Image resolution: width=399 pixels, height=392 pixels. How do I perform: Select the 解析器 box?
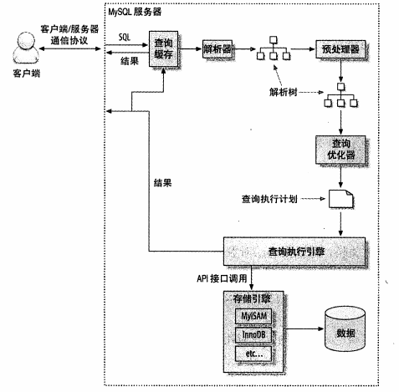click(x=217, y=48)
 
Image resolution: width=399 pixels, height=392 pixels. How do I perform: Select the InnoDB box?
click(x=253, y=333)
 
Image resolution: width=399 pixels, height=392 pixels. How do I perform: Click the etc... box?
click(x=253, y=354)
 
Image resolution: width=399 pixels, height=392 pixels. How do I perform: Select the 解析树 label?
click(x=284, y=90)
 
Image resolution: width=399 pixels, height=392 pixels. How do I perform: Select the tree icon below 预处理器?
click(x=340, y=96)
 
